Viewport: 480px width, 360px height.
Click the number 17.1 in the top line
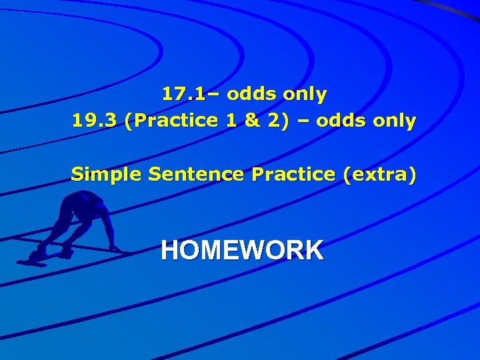(x=179, y=95)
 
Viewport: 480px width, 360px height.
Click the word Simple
(x=107, y=175)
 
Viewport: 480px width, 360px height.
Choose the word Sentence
(x=197, y=175)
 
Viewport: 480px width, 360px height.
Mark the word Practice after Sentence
(x=293, y=175)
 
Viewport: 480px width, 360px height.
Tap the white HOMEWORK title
(x=242, y=251)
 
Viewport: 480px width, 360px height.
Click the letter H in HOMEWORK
(x=169, y=251)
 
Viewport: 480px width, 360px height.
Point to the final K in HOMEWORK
(x=315, y=251)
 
